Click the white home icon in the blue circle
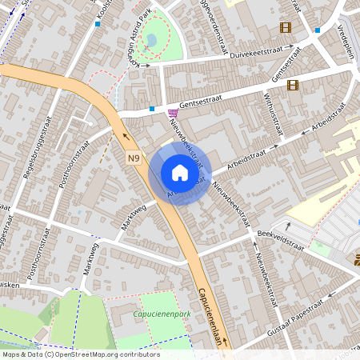click(179, 172)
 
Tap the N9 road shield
click(134, 159)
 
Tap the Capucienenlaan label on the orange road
click(213, 316)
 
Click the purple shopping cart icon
click(174, 113)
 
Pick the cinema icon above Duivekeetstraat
click(286, 27)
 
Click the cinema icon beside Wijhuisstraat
click(293, 86)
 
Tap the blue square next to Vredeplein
click(318, 30)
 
